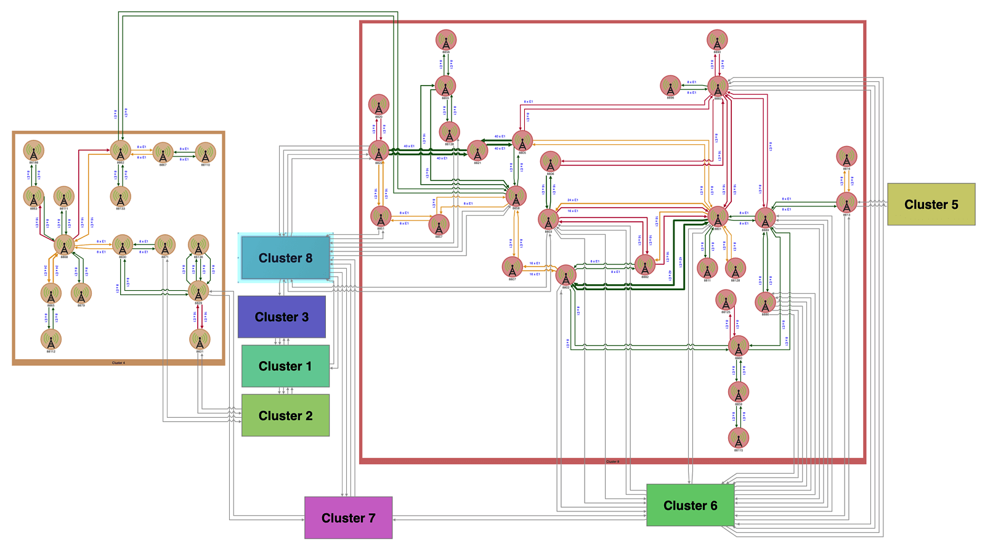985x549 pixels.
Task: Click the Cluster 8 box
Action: tap(285, 258)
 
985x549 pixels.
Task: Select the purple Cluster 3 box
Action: tap(282, 317)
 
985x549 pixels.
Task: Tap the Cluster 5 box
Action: tap(931, 204)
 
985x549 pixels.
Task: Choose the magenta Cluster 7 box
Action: tap(348, 518)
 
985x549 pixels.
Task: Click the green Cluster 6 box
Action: tap(690, 505)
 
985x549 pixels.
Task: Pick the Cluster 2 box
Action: tap(285, 415)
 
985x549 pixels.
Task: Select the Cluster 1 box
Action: tap(285, 366)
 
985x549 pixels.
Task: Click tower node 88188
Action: tap(34, 150)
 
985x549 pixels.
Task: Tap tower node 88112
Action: tap(51, 340)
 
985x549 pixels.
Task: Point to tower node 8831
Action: tap(200, 340)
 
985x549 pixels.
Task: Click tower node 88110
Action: tap(206, 153)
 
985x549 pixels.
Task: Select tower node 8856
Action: tap(446, 40)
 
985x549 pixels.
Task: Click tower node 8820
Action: tap(379, 105)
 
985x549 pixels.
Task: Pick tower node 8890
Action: tap(717, 41)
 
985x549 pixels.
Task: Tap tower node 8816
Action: tap(846, 157)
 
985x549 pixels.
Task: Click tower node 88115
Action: tap(738, 438)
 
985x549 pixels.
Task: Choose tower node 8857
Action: tap(439, 224)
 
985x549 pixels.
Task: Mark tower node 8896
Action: tap(670, 86)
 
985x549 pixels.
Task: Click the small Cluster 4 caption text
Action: tap(118, 363)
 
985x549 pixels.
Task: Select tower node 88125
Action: tap(726, 301)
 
